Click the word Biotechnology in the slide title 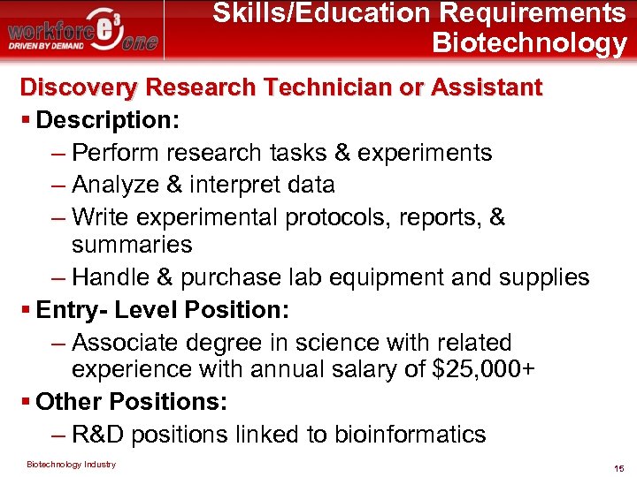(x=529, y=42)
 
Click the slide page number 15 (x=618, y=467)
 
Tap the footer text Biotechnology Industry (x=71, y=464)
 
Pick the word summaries (x=132, y=244)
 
